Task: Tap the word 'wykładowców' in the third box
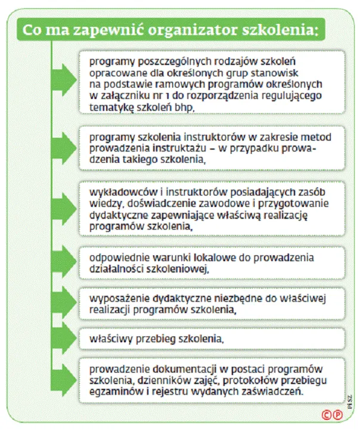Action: (x=116, y=193)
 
